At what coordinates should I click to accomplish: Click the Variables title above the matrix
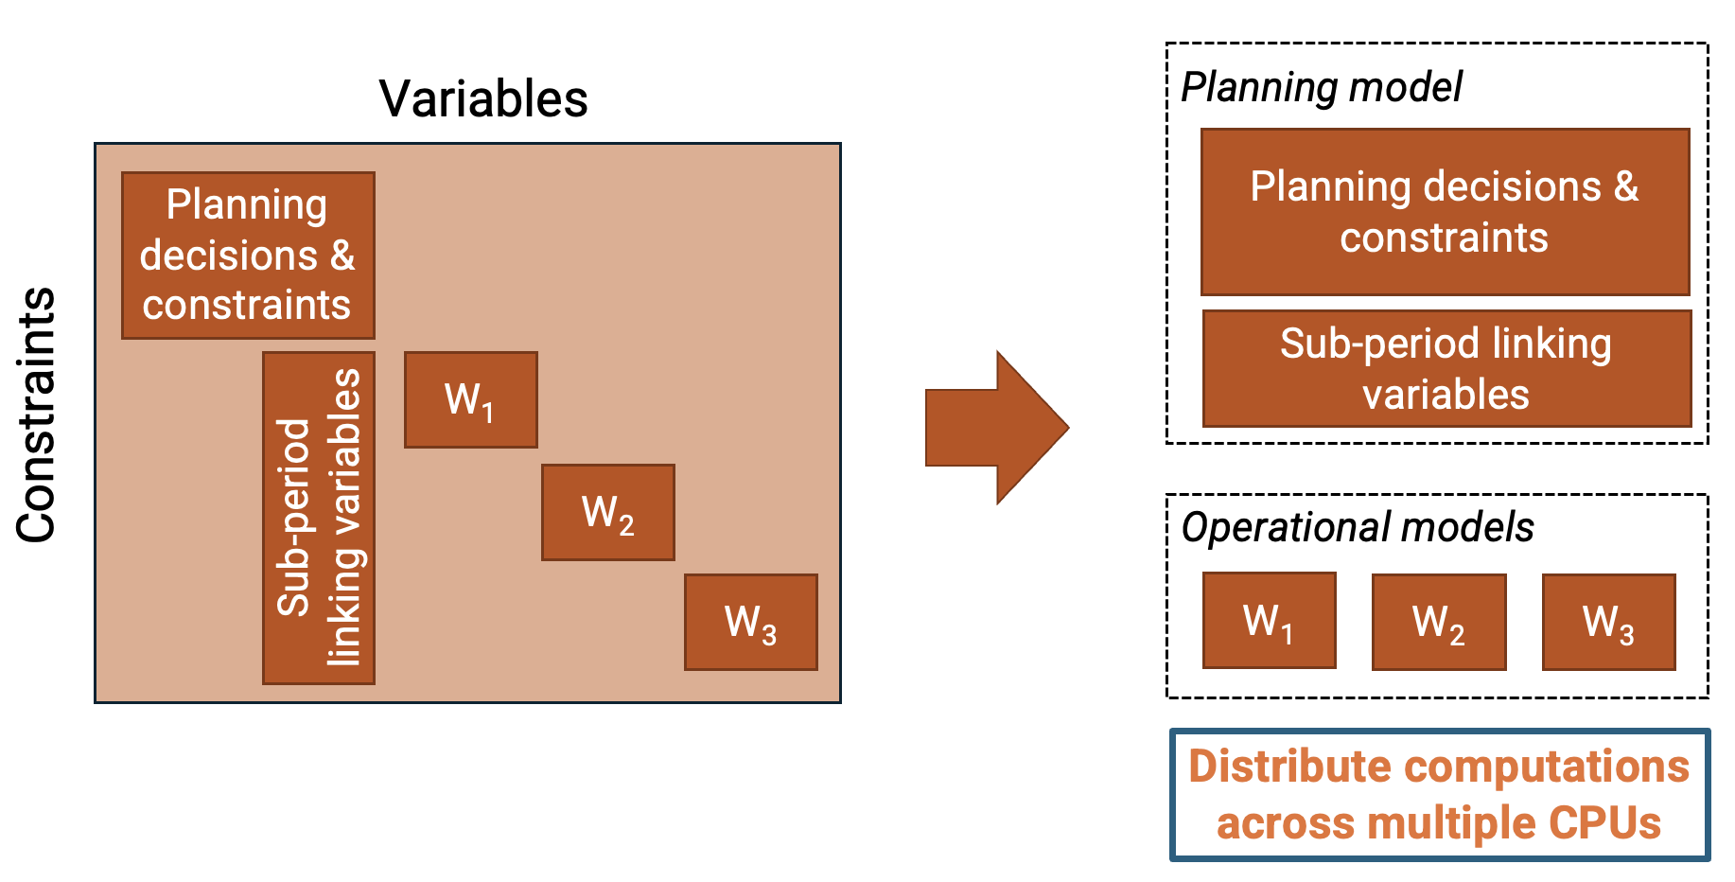click(x=482, y=98)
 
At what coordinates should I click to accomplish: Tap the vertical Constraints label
click(x=37, y=415)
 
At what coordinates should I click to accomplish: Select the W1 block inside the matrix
click(x=470, y=399)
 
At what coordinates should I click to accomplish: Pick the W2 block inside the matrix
click(x=607, y=512)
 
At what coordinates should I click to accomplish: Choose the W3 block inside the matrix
click(x=750, y=622)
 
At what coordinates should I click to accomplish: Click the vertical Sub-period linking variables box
click(x=319, y=518)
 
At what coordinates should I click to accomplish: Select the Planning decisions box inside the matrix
click(x=248, y=255)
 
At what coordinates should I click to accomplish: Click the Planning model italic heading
click(x=1322, y=87)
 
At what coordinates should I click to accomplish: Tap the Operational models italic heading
click(x=1358, y=527)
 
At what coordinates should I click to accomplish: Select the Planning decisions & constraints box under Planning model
click(x=1445, y=212)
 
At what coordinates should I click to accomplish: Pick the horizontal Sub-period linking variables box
click(x=1446, y=368)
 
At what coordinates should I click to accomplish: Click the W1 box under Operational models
click(x=1269, y=621)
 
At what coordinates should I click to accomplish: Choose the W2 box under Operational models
click(x=1438, y=622)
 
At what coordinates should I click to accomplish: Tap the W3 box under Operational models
click(x=1608, y=622)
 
